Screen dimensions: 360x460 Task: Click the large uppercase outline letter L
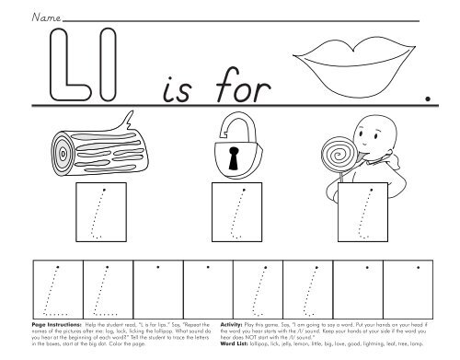(66, 64)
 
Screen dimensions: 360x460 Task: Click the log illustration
(87, 151)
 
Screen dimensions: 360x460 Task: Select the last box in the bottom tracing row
(408, 288)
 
